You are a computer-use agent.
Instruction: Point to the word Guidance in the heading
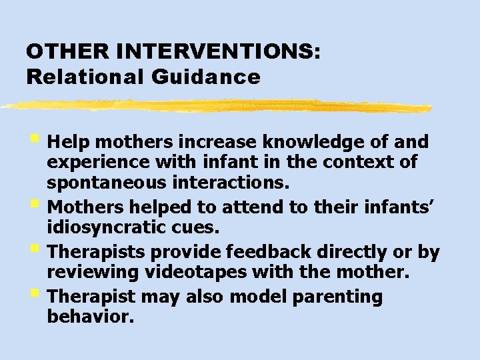[x=205, y=77]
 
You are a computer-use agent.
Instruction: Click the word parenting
[x=341, y=297]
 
